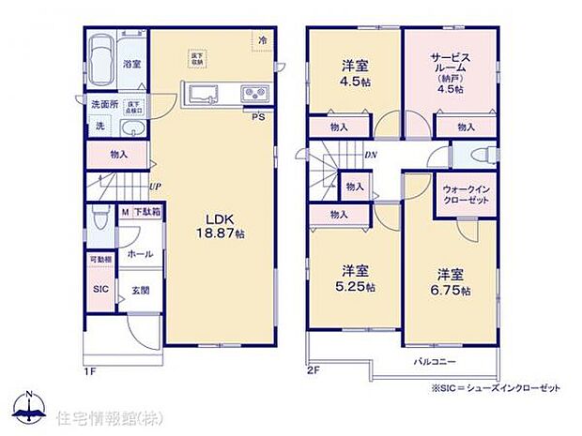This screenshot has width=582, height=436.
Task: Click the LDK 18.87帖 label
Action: point(221,226)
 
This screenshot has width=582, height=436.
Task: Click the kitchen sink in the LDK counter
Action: point(206,93)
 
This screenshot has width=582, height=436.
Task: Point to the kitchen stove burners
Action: point(254,93)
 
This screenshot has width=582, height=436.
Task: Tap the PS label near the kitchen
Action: point(257,116)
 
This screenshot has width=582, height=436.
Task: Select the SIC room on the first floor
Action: point(100,290)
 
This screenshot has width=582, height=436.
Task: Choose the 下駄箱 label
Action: point(145,214)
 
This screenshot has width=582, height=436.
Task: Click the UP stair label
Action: point(153,186)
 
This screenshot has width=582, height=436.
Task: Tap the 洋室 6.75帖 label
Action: point(452,282)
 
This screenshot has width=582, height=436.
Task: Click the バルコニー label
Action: point(435,360)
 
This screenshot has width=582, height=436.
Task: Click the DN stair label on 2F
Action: point(371,156)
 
